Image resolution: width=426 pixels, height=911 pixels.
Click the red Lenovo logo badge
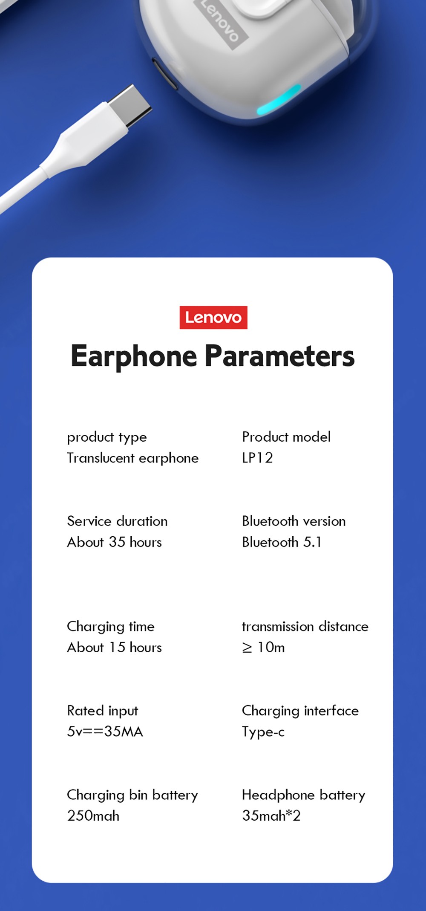[x=213, y=318]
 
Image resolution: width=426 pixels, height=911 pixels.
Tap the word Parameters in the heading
[x=279, y=356]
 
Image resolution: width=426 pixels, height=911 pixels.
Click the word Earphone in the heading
[x=134, y=356]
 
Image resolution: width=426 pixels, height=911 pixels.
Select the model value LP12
[x=257, y=458]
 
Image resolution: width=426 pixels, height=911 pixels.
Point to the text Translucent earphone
[x=132, y=458]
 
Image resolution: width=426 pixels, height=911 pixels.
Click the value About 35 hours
[x=114, y=542]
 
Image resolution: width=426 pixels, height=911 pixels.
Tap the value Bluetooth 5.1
[x=282, y=542]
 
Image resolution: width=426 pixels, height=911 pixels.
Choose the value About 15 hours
[x=114, y=647]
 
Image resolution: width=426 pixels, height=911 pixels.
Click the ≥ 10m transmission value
[x=263, y=647]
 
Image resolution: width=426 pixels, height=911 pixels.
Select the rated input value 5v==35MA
[x=105, y=732]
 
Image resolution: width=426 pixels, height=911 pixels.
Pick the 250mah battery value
[x=93, y=816]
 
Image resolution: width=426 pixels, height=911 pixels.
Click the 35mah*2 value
[x=271, y=816]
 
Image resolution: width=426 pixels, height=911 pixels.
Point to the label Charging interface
[x=300, y=711]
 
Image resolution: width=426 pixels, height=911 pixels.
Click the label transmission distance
[x=305, y=626]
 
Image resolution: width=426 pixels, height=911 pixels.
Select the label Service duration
[x=117, y=521]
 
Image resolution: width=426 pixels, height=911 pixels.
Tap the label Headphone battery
[x=303, y=795]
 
